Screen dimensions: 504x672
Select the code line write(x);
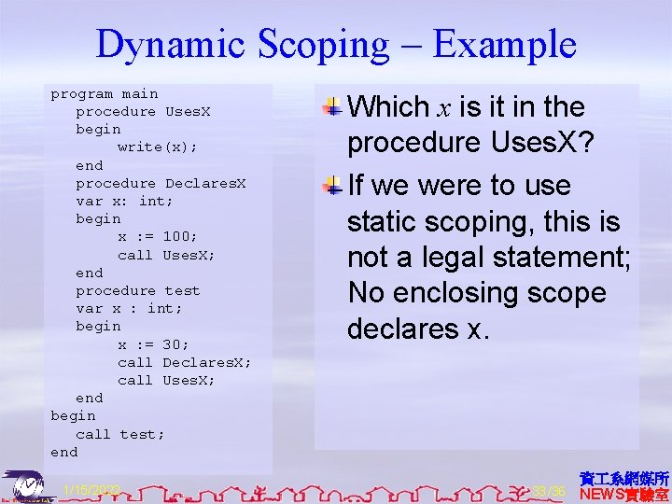point(157,147)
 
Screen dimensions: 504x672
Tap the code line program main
point(105,94)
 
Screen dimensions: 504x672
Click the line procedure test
point(137,290)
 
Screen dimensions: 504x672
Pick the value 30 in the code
point(175,344)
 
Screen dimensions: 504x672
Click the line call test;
point(119,434)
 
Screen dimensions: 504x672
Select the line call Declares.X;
point(184,362)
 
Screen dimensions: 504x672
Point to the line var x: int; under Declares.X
point(124,202)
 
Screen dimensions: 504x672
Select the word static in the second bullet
point(383,222)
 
